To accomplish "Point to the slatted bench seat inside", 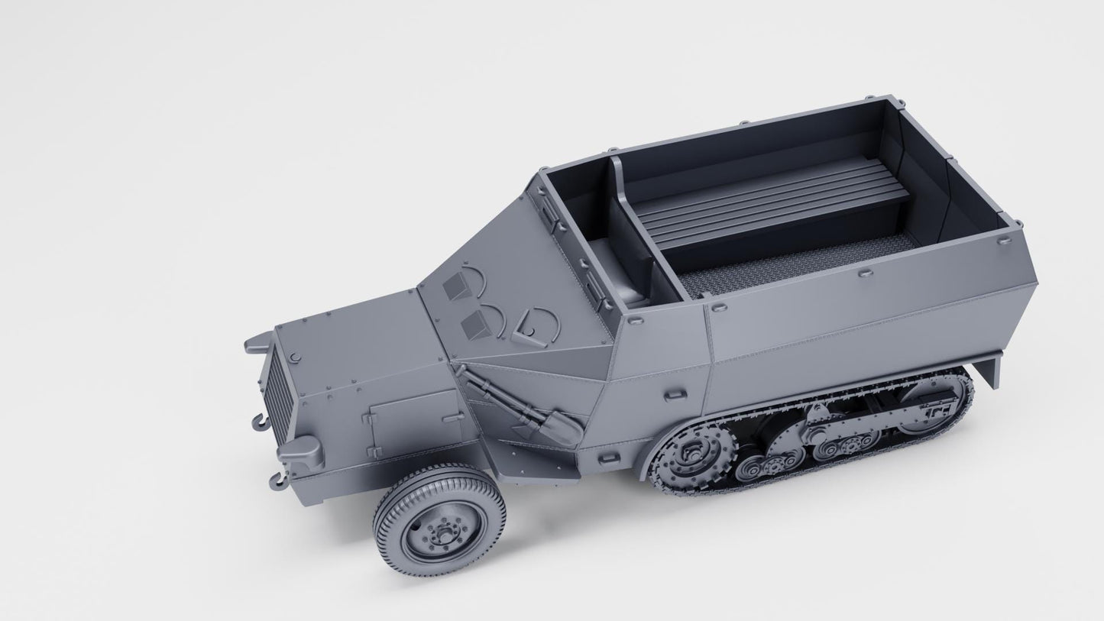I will (772, 200).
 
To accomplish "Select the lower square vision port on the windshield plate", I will (477, 325).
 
